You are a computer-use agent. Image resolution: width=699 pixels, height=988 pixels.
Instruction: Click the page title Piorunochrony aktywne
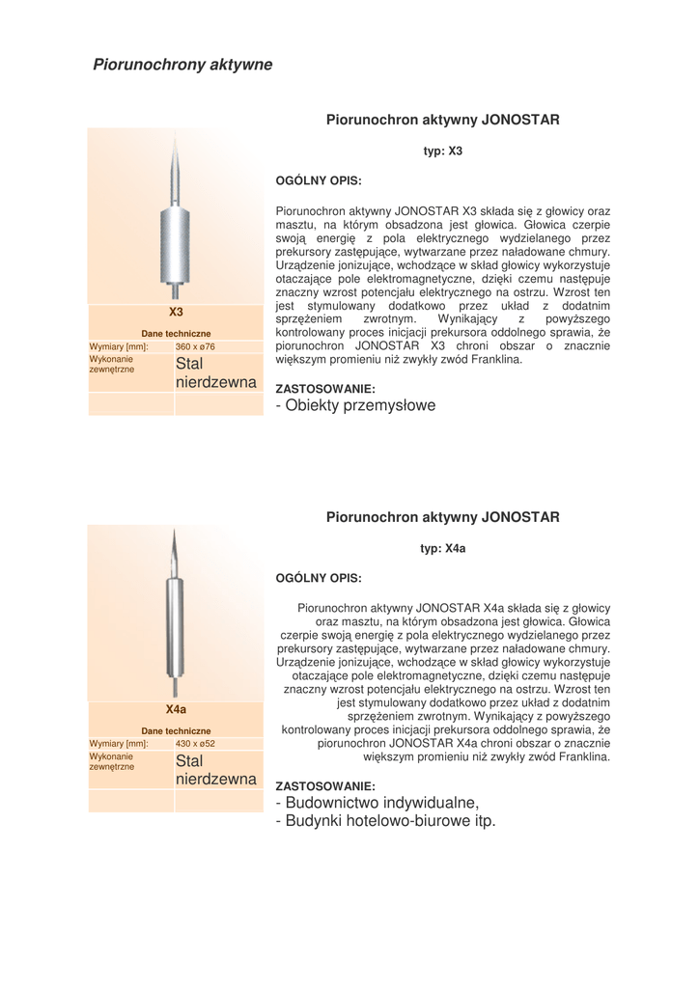tap(182, 65)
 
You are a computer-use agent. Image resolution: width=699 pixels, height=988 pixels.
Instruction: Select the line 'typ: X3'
tap(443, 151)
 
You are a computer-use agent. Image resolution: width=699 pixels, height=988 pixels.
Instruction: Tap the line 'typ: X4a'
tap(443, 548)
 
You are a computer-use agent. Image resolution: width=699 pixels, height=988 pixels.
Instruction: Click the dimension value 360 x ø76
tap(196, 346)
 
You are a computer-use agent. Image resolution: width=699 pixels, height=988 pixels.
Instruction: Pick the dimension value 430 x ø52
tap(196, 744)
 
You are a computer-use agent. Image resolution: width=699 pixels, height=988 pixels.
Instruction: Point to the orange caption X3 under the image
tap(176, 312)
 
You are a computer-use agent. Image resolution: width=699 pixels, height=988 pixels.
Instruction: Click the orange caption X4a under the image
tap(176, 709)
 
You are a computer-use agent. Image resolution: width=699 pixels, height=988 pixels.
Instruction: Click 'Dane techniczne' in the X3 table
tap(176, 333)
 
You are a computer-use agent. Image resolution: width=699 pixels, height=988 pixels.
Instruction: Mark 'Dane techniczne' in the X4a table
tap(176, 730)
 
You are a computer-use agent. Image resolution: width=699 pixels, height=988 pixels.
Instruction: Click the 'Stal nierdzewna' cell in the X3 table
tap(215, 373)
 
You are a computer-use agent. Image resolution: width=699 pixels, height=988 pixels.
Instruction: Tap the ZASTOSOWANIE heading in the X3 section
tap(325, 389)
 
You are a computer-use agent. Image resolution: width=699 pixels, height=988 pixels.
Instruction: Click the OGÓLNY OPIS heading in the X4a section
tap(319, 578)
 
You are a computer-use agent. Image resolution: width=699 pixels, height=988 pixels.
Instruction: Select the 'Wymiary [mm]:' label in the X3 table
tap(119, 346)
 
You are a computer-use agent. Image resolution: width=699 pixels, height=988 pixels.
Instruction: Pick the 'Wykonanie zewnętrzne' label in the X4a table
tap(113, 763)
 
